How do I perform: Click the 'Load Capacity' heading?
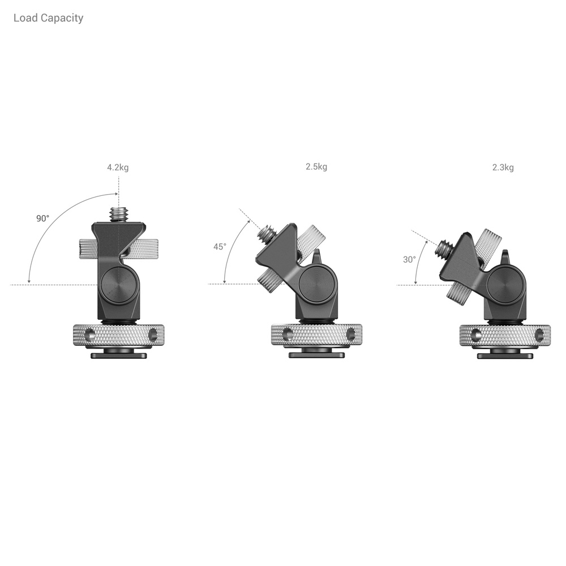click(48, 18)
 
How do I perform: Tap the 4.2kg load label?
click(118, 168)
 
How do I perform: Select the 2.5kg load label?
click(316, 167)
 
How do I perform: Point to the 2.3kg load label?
click(503, 168)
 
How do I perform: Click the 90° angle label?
click(42, 218)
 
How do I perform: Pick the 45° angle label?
click(220, 247)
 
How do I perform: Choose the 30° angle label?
click(409, 260)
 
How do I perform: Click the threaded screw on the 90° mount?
click(119, 215)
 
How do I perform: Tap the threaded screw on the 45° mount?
click(268, 233)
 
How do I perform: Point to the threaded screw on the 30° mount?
click(445, 248)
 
